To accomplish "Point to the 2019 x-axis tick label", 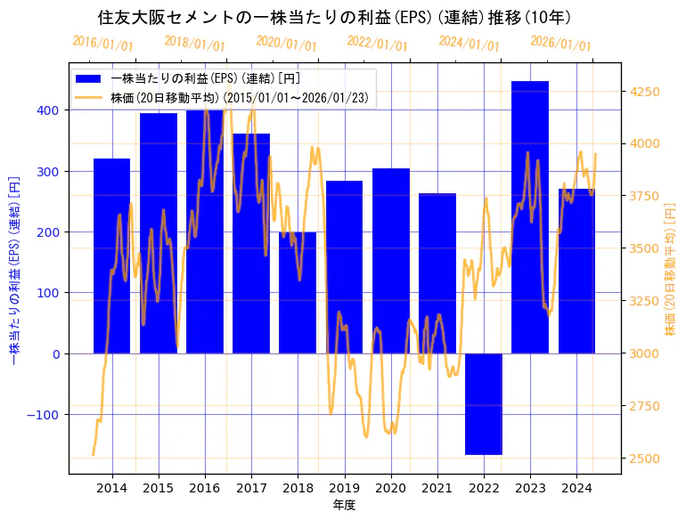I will [x=344, y=488].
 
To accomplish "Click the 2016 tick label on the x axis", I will [x=205, y=488].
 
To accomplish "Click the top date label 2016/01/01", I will [x=102, y=44].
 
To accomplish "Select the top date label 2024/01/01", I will [x=470, y=44].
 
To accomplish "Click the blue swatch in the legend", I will [x=89, y=77].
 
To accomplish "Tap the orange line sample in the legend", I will [x=89, y=96].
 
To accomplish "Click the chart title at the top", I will [x=334, y=18].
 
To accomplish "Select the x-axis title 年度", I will [x=344, y=505].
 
